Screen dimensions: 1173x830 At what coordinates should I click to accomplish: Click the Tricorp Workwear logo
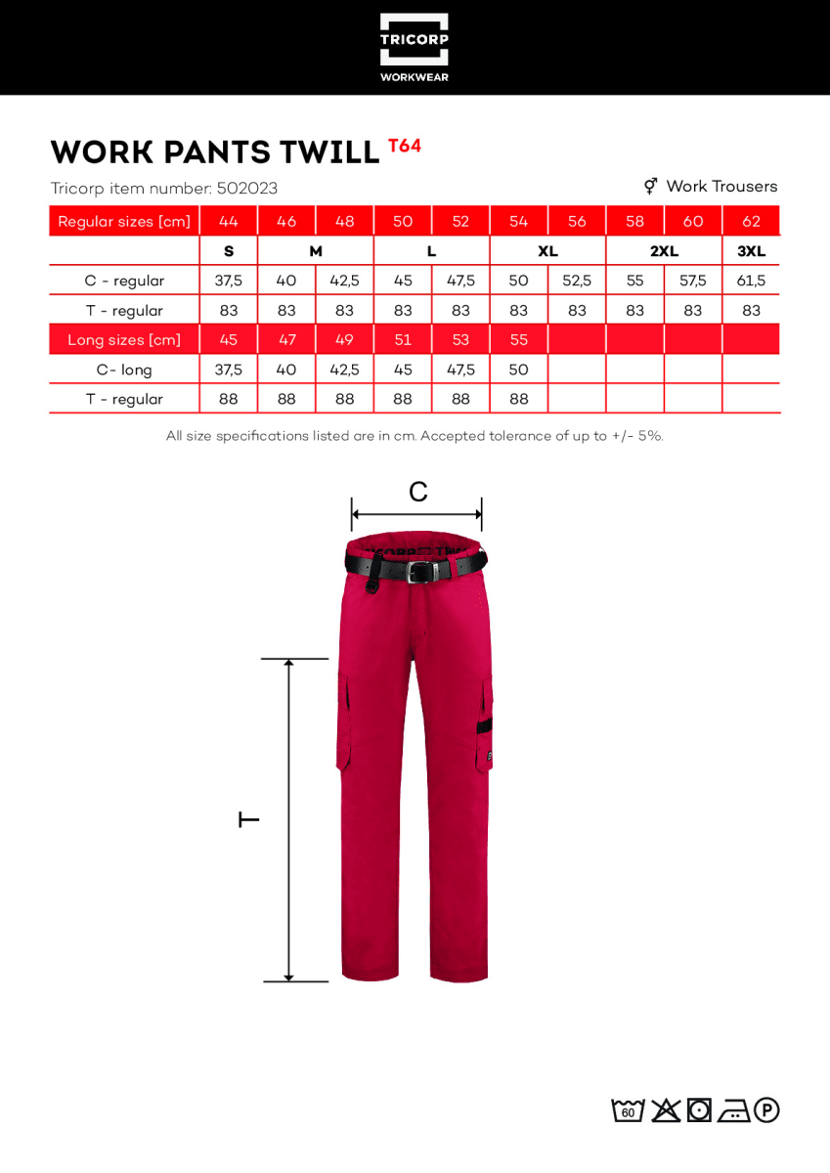pos(415,47)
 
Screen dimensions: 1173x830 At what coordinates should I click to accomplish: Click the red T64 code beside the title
pos(405,147)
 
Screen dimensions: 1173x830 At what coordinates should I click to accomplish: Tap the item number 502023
pos(246,189)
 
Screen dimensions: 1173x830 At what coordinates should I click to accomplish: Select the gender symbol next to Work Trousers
pos(650,186)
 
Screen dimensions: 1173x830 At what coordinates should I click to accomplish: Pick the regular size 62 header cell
pos(751,221)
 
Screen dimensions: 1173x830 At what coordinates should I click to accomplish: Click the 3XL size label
pos(751,251)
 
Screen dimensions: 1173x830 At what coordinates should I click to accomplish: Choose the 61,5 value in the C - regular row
pos(751,281)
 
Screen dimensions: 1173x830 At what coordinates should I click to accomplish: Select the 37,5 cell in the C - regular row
pos(229,281)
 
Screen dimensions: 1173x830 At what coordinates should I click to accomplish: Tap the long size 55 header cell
pos(519,340)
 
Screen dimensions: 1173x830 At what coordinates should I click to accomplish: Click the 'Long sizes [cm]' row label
pos(124,340)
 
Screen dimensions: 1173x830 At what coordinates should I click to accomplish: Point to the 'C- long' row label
pos(124,369)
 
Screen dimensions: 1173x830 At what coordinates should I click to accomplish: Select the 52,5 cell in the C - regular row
pos(577,281)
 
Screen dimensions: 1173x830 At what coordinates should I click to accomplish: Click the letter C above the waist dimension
pos(418,492)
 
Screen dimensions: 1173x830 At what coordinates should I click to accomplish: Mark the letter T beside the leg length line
pos(249,819)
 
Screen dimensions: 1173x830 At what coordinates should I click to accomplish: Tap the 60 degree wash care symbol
pos(628,1110)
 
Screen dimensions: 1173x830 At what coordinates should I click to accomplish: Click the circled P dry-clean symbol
pos(766,1110)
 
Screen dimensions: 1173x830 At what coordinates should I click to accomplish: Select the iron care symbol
pos(733,1110)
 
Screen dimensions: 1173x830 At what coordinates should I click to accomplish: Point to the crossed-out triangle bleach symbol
pos(666,1110)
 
